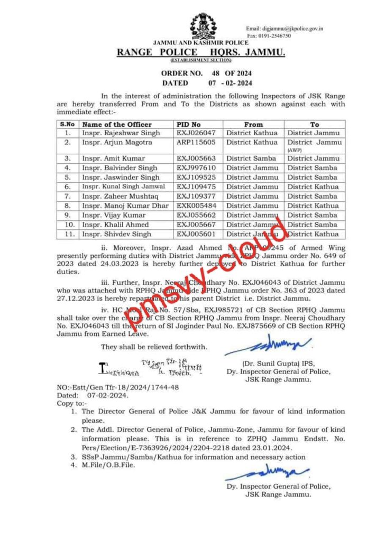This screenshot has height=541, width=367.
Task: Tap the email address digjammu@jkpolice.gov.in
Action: [x=285, y=29]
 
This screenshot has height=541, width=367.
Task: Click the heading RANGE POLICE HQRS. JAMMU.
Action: [x=200, y=52]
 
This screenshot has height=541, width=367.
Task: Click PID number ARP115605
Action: [x=196, y=142]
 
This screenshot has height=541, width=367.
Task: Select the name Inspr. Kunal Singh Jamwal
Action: [x=123, y=186]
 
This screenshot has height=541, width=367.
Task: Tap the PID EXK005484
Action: [x=196, y=206]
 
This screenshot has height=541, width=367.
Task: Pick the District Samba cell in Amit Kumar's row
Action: [x=251, y=158]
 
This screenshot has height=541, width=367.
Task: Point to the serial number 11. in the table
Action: [x=67, y=234]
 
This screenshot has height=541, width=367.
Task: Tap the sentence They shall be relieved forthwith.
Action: [x=154, y=347]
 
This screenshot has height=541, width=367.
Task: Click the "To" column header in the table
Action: [x=315, y=124]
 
